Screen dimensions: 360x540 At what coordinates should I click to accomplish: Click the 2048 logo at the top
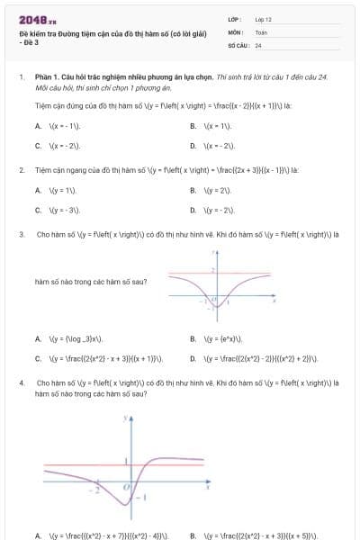[x=38, y=19]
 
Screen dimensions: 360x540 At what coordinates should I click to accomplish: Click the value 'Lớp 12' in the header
[x=264, y=19]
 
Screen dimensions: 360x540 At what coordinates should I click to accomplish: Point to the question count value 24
[x=258, y=45]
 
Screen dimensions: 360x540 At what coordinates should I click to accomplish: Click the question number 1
[x=21, y=78]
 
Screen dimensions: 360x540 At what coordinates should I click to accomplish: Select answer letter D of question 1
[x=193, y=145]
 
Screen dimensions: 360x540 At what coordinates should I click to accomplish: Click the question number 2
[x=21, y=169]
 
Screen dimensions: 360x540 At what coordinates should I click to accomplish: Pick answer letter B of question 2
[x=193, y=190]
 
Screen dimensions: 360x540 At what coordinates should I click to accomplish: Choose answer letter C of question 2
[x=38, y=210]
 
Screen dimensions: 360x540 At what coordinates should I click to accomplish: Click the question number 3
[x=21, y=234]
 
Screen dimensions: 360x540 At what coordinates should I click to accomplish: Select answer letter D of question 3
[x=193, y=358]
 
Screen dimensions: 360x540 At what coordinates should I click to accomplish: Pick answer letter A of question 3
[x=38, y=338]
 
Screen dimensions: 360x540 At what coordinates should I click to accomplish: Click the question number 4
[x=21, y=382]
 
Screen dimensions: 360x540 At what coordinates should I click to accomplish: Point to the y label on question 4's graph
[x=129, y=419]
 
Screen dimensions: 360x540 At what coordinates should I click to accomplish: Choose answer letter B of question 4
[x=193, y=535]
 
